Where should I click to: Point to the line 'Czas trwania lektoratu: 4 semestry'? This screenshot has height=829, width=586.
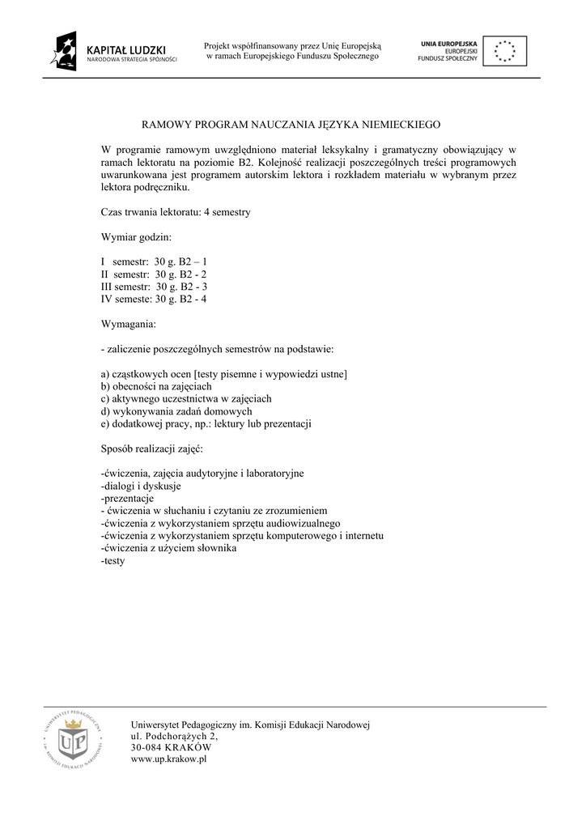pyautogui.click(x=176, y=212)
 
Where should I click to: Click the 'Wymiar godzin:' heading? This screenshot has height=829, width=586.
pyautogui.click(x=136, y=237)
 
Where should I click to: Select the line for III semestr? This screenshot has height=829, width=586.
pyautogui.click(x=155, y=287)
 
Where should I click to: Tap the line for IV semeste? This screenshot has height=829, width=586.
pyautogui.click(x=154, y=299)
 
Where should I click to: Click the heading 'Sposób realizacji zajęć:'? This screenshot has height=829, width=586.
pyautogui.click(x=152, y=449)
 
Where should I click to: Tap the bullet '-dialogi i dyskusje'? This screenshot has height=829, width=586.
pyautogui.click(x=141, y=486)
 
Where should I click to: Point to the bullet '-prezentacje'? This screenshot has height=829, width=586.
pyautogui.click(x=127, y=499)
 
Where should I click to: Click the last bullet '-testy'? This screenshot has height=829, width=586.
pyautogui.click(x=113, y=560)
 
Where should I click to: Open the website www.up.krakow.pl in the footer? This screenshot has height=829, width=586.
pyautogui.click(x=169, y=759)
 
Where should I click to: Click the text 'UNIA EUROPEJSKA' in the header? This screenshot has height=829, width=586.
pyautogui.click(x=449, y=41)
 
